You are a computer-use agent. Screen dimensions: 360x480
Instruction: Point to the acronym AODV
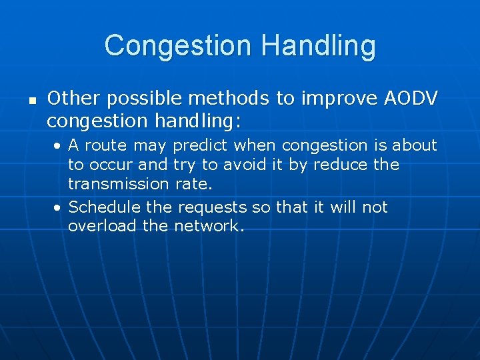pos(411,99)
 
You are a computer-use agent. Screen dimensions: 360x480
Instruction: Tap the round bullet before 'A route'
pos(59,145)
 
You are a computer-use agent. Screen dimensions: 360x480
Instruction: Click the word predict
pos(199,145)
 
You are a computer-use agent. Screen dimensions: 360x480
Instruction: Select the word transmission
pos(118,183)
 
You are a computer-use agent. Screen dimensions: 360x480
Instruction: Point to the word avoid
pos(243,164)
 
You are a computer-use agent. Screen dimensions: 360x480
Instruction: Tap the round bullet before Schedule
pos(59,207)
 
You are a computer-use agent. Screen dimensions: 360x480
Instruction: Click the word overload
pos(102,226)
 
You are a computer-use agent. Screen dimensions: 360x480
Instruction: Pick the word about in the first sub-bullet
pos(414,145)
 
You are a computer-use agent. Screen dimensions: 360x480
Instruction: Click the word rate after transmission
pos(191,183)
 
